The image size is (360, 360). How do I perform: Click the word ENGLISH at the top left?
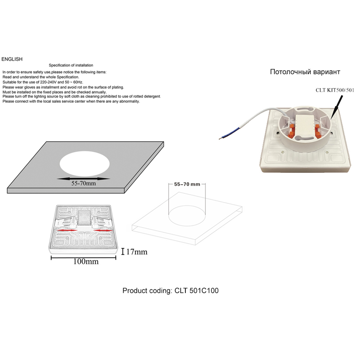tap(12, 59)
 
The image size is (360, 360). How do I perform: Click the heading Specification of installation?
tap(71, 65)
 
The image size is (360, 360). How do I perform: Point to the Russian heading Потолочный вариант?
tap(305, 72)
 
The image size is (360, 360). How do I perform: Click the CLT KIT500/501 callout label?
tap(335, 90)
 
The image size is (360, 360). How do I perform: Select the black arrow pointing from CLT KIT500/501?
tap(337, 107)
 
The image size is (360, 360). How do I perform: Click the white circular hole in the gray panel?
tap(85, 164)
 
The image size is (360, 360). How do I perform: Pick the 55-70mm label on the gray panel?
tap(83, 184)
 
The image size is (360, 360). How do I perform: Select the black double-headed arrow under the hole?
tap(83, 179)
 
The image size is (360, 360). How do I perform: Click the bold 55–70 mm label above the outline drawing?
tap(187, 184)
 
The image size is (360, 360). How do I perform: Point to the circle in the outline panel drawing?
tap(187, 216)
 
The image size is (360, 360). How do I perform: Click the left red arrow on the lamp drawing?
tap(67, 230)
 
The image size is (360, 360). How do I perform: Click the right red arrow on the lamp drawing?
tap(103, 231)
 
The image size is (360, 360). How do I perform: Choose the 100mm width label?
tap(86, 262)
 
